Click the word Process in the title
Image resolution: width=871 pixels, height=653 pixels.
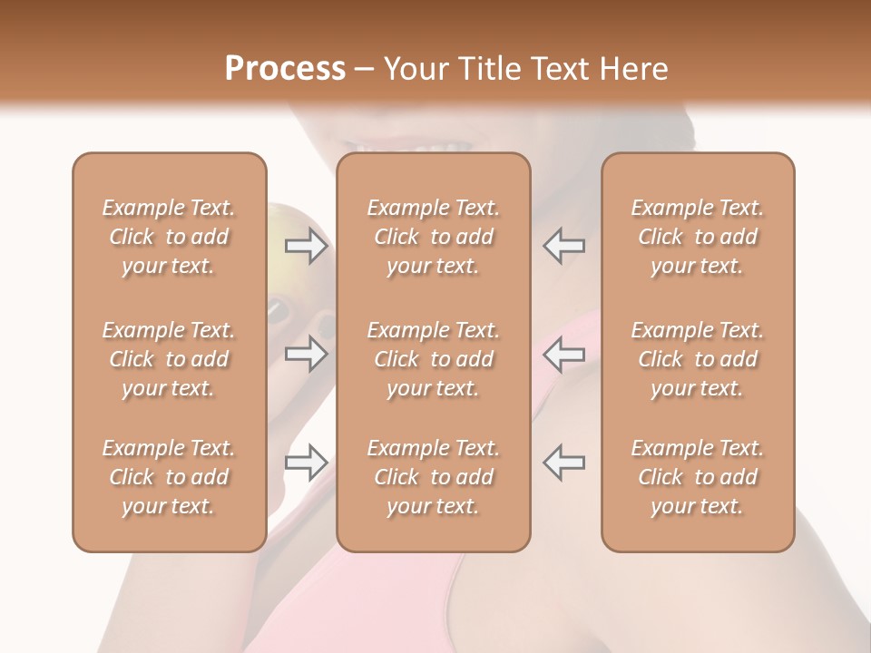coord(285,68)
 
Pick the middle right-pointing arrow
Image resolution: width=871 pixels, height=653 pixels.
coord(306,354)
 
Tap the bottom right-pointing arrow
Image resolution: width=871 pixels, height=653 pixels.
coord(306,463)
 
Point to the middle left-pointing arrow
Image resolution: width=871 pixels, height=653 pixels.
coord(564,354)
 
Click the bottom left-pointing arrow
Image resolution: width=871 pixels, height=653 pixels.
coord(564,463)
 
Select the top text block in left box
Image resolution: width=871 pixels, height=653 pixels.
coord(169,237)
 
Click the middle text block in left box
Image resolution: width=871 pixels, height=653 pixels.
coord(169,359)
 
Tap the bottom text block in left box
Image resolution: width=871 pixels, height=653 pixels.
coord(169,477)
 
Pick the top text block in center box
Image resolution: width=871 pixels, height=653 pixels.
coord(433,237)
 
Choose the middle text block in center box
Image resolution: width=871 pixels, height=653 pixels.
coord(433,359)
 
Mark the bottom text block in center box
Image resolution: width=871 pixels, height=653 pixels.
coord(433,477)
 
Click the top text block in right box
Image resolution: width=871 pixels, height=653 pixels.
coord(697,237)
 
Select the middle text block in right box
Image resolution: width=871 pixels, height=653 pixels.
coord(697,359)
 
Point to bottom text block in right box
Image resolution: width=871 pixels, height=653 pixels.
coord(697,477)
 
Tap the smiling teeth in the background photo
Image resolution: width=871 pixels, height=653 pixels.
coord(413,145)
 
